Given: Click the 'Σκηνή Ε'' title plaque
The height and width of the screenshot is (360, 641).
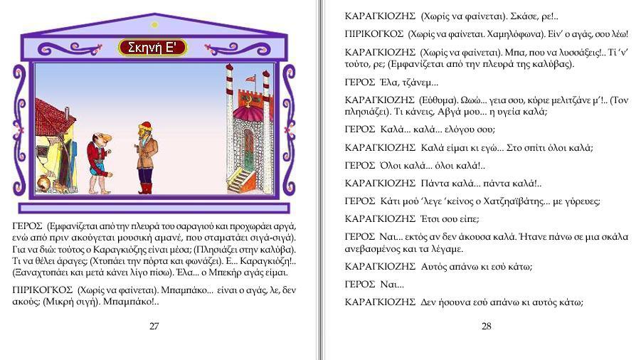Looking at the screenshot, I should (x=153, y=48).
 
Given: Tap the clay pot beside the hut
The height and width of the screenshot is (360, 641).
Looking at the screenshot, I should (x=43, y=184).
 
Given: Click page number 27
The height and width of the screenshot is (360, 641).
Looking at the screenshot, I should (x=154, y=326).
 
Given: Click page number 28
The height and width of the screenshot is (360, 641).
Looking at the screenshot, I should (x=487, y=326).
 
